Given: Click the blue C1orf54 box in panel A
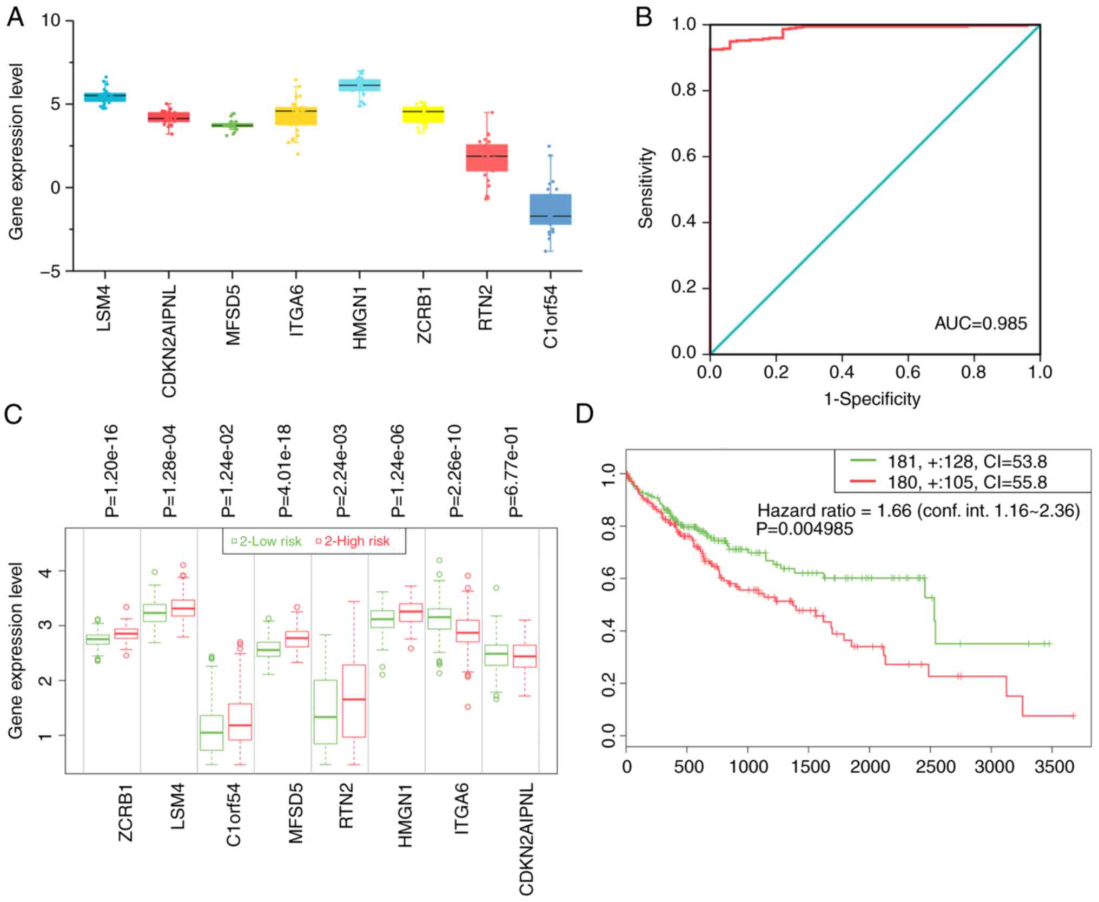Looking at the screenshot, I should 551,209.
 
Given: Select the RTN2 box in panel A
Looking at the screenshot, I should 486,157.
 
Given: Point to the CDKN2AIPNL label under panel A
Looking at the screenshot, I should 169,341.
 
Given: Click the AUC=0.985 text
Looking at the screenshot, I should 981,324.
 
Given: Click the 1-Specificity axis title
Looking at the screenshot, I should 872,399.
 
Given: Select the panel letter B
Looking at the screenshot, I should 644,18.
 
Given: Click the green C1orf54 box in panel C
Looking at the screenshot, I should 211,733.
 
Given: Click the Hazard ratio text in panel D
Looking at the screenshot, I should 918,510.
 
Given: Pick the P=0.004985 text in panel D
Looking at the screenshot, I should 804,529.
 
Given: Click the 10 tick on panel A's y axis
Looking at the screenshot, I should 52,21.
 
